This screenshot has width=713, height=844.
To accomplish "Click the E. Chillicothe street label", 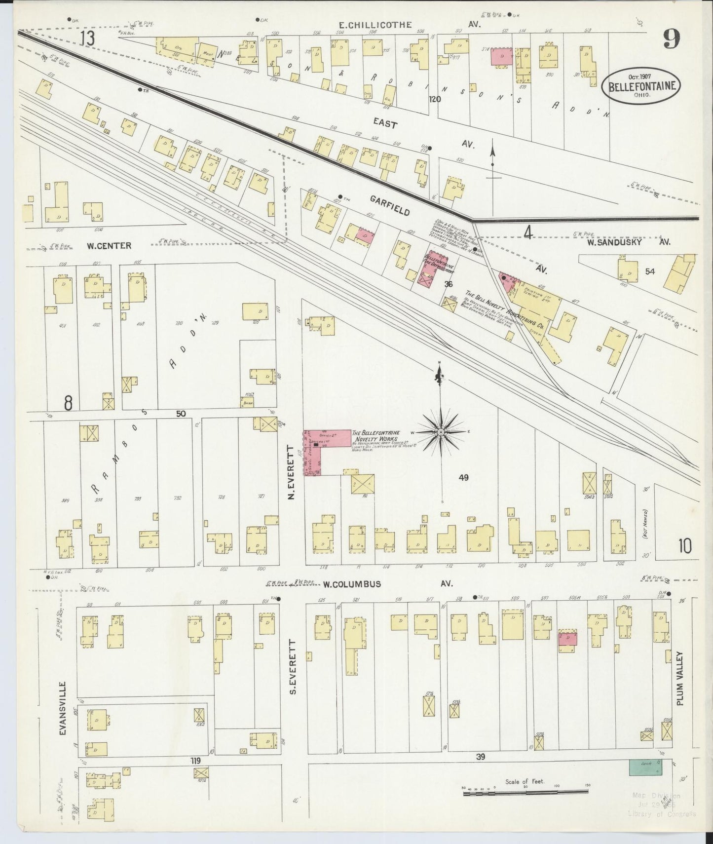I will pyautogui.click(x=375, y=25).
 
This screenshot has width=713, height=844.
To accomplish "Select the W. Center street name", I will pyautogui.click(x=109, y=245).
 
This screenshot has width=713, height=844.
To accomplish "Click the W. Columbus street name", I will pyautogui.click(x=352, y=584).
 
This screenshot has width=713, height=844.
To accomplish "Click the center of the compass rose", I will pyautogui.click(x=441, y=432).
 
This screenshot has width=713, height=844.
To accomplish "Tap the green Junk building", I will pyautogui.click(x=645, y=781).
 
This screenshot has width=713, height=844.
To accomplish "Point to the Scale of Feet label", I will pyautogui.click(x=525, y=781).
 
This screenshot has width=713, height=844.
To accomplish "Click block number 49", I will pyautogui.click(x=463, y=477).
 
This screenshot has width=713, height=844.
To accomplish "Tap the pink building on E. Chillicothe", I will pyautogui.click(x=501, y=57).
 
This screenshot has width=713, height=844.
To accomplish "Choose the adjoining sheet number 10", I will pyautogui.click(x=684, y=546).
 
